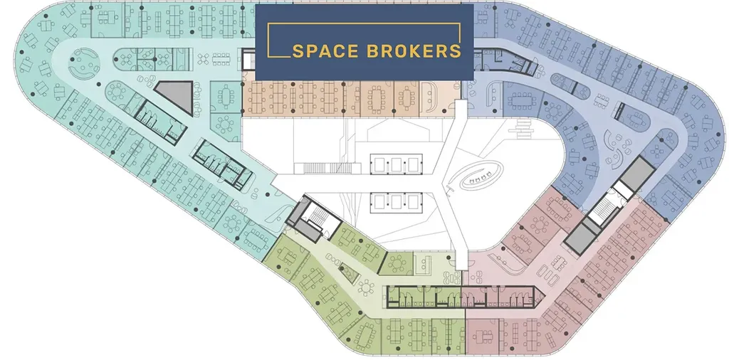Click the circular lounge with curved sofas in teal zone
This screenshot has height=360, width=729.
coord(84,64)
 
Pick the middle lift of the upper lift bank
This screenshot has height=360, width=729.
coord(396,164)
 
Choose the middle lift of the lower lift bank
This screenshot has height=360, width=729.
coord(396,201)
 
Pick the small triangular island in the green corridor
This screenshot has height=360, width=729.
coord(350,272)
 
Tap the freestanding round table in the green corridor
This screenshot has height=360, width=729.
coord(366,288)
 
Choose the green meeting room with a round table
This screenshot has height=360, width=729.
coord(396,263)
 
